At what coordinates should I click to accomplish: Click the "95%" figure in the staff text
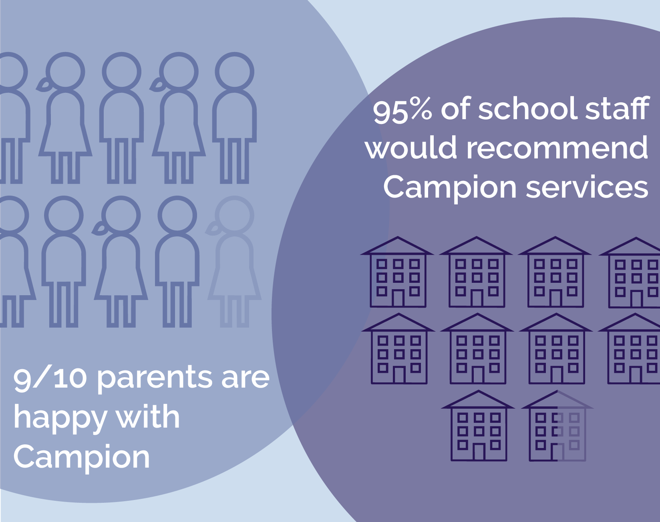(402, 110)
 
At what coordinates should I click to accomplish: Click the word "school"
(528, 109)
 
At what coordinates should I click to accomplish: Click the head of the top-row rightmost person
(234, 72)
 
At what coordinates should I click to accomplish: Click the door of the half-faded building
(557, 452)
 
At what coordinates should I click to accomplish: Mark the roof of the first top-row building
(397, 246)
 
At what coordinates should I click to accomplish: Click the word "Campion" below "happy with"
(82, 457)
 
